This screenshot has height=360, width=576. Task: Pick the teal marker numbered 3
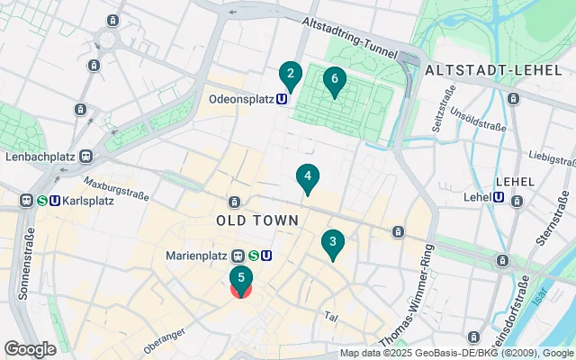click(333, 242)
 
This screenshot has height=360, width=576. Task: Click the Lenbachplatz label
click(40, 157)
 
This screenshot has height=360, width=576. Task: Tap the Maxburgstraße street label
click(118, 191)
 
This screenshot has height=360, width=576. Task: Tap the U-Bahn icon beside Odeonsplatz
click(283, 99)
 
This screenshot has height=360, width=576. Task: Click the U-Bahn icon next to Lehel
click(499, 197)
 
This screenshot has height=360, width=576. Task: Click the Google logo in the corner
click(30, 348)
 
